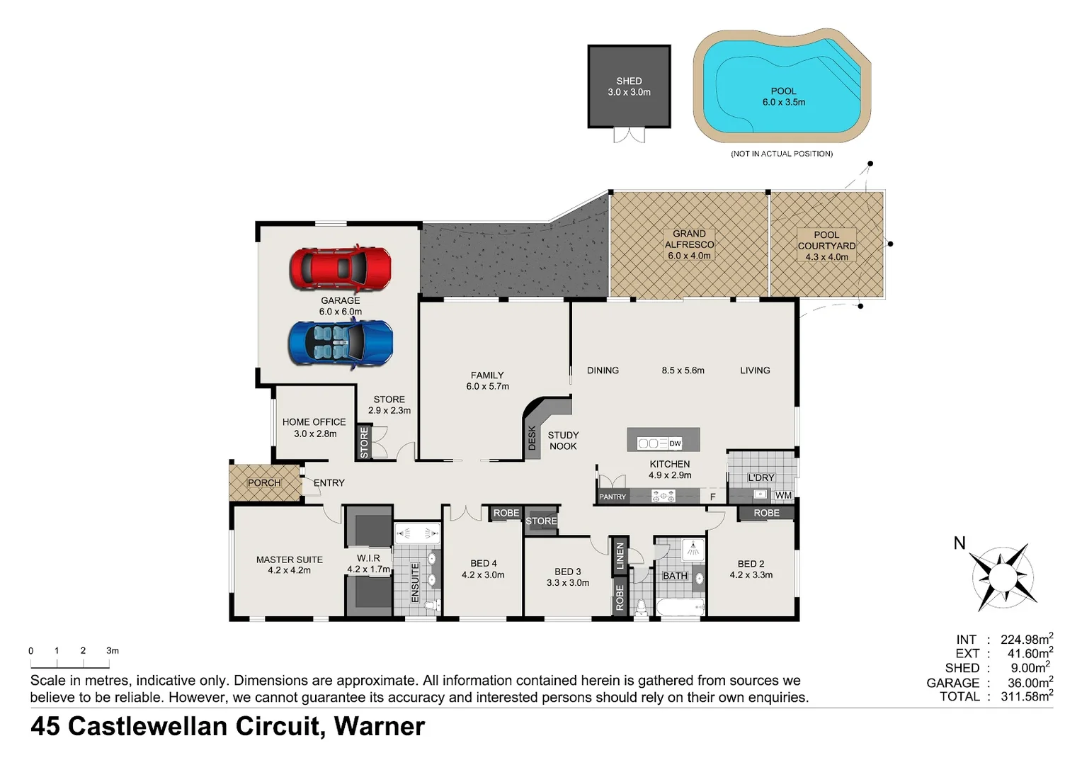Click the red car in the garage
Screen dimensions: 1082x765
click(340, 268)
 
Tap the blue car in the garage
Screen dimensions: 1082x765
click(341, 344)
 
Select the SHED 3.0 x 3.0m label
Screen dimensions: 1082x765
click(629, 86)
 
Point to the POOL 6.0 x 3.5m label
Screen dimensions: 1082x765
click(783, 96)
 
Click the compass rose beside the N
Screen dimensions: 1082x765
click(1003, 577)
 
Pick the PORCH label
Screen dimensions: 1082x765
click(264, 483)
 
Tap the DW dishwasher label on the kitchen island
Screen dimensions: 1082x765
click(675, 443)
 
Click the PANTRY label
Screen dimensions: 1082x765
click(613, 497)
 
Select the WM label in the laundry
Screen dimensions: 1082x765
click(783, 495)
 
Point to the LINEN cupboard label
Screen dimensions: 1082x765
click(620, 555)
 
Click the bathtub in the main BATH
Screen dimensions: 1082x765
click(680, 607)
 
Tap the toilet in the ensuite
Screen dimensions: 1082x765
click(433, 605)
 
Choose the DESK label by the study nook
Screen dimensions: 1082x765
click(532, 438)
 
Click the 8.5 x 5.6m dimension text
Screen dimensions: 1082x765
click(683, 370)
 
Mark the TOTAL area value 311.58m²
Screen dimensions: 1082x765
click(1027, 696)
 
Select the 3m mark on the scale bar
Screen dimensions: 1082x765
click(113, 651)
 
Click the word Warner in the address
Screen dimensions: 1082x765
click(379, 726)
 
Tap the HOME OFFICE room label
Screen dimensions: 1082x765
click(314, 422)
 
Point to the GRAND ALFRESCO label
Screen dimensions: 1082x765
click(689, 239)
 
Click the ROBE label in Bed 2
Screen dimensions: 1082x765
click(767, 513)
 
